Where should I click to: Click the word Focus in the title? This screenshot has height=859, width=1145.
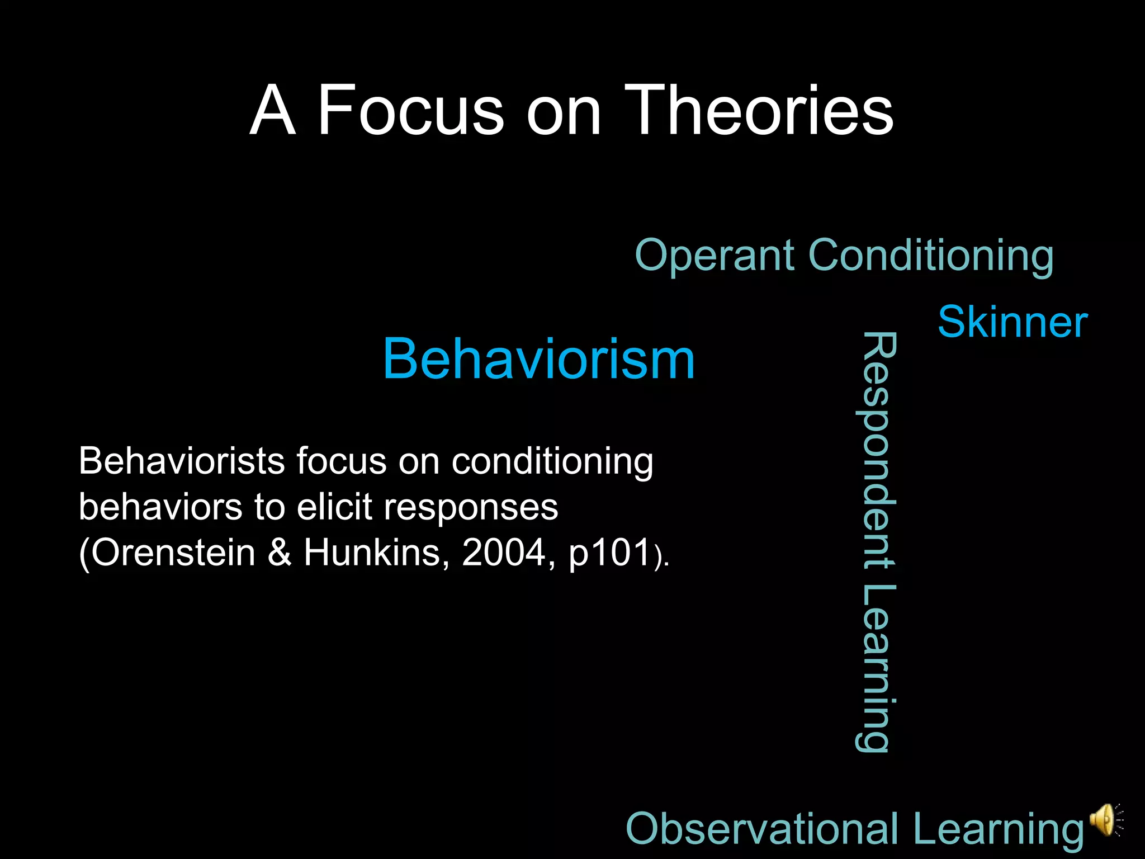411,110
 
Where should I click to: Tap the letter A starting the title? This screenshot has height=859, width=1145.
272,110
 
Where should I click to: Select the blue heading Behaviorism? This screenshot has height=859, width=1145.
538,359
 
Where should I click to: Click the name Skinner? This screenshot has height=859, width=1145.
1012,323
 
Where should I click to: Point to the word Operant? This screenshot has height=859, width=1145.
715,256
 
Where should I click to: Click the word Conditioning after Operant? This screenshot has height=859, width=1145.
931,256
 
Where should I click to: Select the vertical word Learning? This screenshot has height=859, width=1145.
876,668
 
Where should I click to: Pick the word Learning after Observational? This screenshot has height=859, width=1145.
999,829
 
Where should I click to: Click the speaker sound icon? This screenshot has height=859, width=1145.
1106,820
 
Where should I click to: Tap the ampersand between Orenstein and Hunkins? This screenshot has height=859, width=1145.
280,553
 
